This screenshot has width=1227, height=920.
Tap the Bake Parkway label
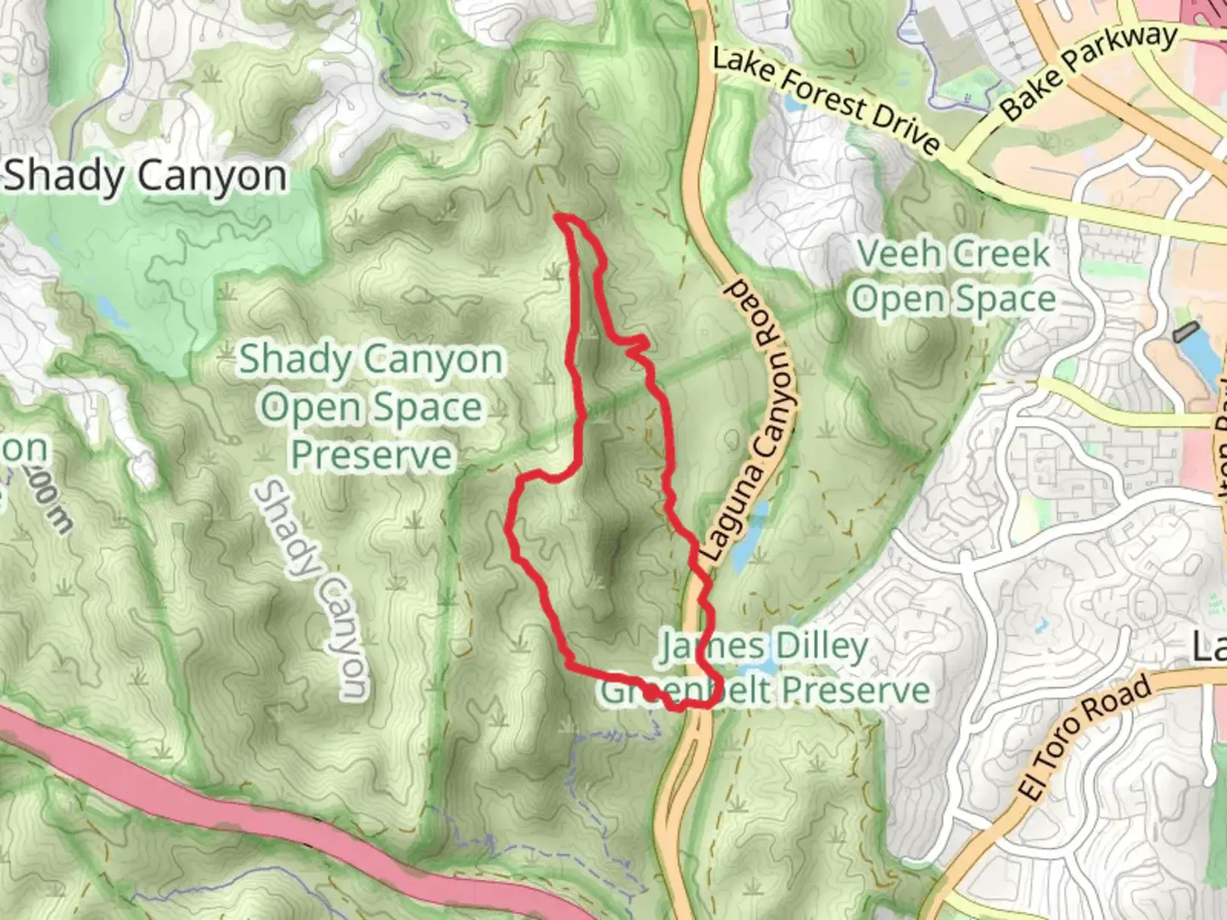pyautogui.click(x=1088, y=72)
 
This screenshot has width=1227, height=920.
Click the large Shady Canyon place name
pyautogui.click(x=146, y=176)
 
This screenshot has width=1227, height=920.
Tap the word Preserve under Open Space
pyautogui.click(x=372, y=454)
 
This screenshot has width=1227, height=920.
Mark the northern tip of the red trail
pyautogui.click(x=559, y=218)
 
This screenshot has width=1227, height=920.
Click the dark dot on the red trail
pyautogui.click(x=652, y=694)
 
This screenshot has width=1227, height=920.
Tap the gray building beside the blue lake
pyautogui.click(x=1184, y=331)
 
